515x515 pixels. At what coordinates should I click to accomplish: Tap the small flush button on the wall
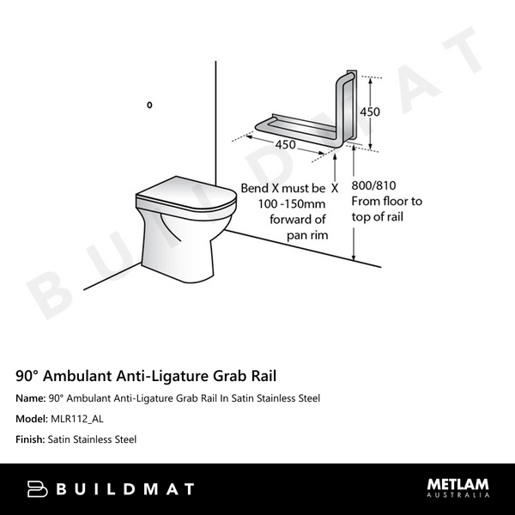pos(149,105)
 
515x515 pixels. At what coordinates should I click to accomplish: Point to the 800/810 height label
pos(373,185)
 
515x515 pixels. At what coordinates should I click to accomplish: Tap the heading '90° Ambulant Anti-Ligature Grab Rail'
pos(147,376)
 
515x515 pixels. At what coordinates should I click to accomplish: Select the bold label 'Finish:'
pos(30,439)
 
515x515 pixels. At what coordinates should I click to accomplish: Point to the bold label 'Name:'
pos(31,398)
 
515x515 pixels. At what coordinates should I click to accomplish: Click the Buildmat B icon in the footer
pos(37,489)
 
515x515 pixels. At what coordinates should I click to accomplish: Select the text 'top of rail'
pos(378,216)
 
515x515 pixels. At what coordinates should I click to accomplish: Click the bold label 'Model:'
pos(32,419)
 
